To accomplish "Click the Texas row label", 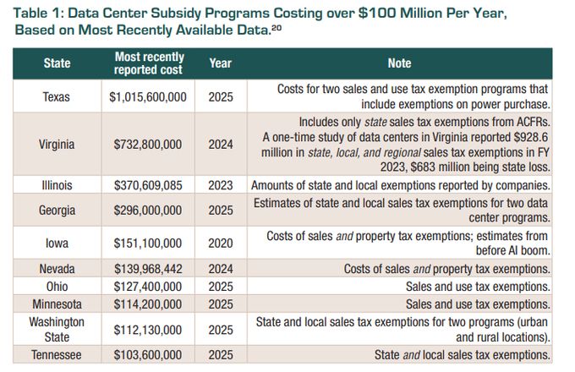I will (57, 97).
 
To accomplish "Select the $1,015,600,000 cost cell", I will (148, 97).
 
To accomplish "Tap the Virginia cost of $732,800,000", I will (148, 145).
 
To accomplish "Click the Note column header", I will (399, 63).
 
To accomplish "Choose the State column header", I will (57, 63).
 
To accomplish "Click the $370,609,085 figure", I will (148, 184).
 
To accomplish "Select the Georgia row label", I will (57, 210).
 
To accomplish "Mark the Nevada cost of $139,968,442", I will (148, 269).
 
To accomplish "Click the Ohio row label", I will (57, 287).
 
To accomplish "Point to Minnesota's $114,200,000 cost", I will (148, 304).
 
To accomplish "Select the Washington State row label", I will (57, 330).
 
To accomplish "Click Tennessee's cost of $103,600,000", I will (148, 355).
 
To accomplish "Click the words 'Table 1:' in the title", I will (41, 14).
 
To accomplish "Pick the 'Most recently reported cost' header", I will (148, 63).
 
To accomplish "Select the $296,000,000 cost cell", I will (148, 210).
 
